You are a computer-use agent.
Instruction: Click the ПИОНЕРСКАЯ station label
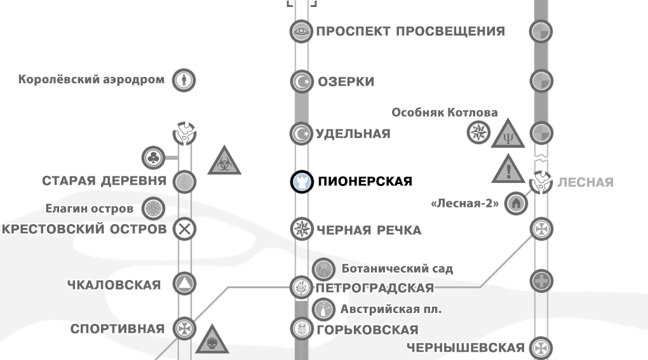click(x=364, y=182)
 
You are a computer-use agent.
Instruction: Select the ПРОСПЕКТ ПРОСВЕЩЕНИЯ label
click(x=410, y=31)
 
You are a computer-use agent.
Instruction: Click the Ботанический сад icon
click(x=324, y=268)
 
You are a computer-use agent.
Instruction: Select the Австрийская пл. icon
click(x=323, y=310)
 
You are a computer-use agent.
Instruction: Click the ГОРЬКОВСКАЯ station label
click(x=367, y=330)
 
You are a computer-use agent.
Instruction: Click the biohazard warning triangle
click(x=225, y=161)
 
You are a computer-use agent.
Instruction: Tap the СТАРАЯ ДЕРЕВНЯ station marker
click(x=184, y=181)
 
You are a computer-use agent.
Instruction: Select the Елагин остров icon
click(x=153, y=208)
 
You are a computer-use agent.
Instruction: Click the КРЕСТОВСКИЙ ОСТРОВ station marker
click(x=184, y=229)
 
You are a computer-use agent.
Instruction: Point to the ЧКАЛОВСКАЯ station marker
click(x=184, y=284)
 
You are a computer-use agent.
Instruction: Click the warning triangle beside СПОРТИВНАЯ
click(x=212, y=340)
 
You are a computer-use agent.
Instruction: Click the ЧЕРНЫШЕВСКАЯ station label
click(x=465, y=347)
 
